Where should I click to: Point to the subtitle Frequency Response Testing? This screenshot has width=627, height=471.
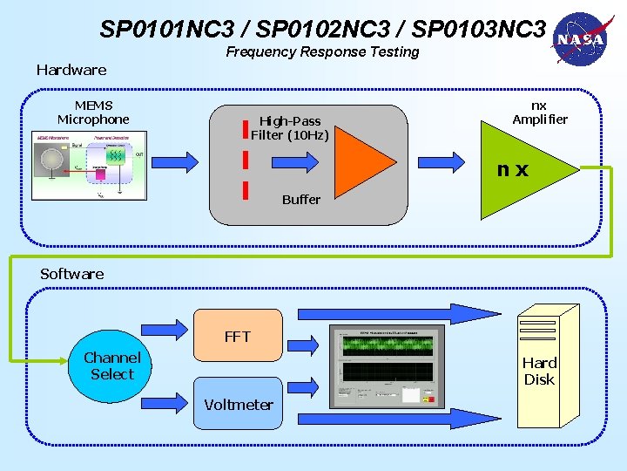click(x=322, y=52)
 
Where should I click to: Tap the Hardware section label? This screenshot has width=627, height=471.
click(x=71, y=70)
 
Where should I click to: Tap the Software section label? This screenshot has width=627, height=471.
click(x=71, y=274)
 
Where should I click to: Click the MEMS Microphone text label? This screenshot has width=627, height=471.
click(x=93, y=113)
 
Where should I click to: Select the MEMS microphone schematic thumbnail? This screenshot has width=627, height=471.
click(x=88, y=166)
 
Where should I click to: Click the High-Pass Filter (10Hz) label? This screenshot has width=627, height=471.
click(x=290, y=128)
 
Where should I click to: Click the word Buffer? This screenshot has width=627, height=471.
click(x=301, y=200)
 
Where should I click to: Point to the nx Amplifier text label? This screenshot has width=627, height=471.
click(x=539, y=113)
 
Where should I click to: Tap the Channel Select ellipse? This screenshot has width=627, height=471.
click(x=112, y=366)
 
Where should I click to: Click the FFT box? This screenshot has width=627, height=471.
click(x=236, y=336)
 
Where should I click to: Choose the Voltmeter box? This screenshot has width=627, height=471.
click(x=238, y=403)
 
